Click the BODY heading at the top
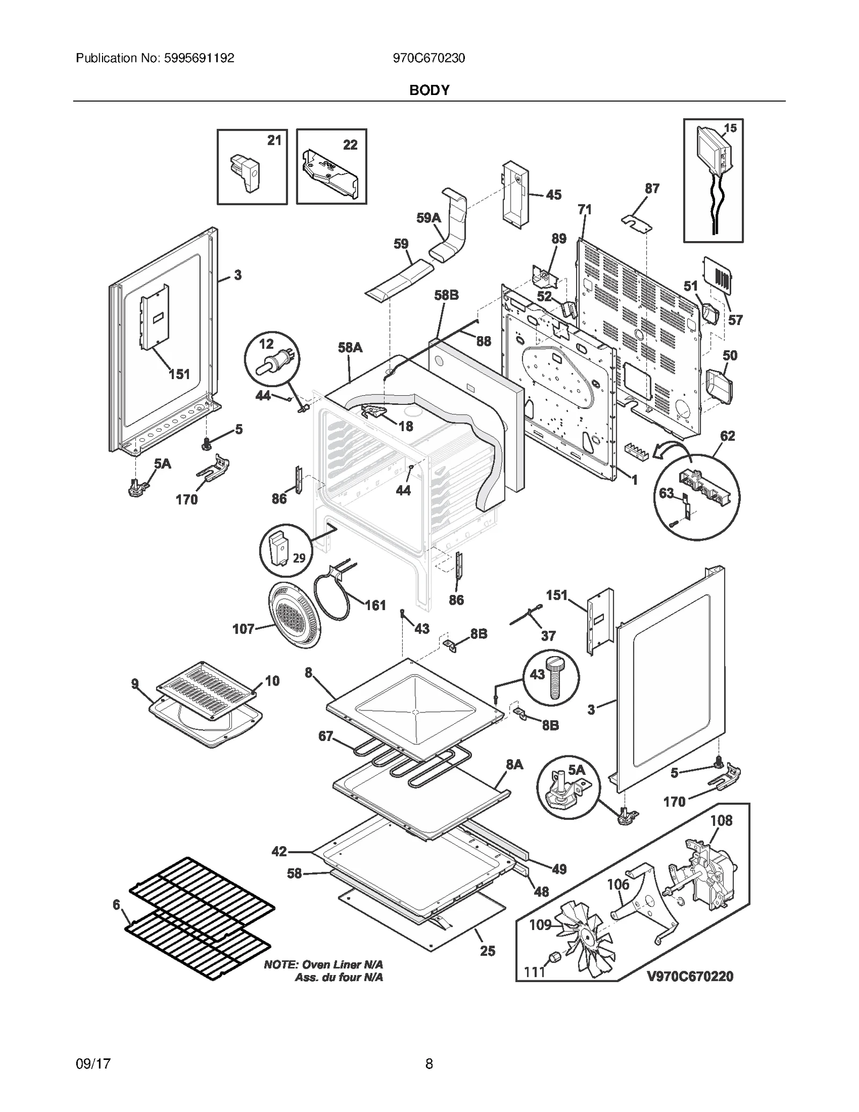(x=429, y=90)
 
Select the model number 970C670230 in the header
(x=429, y=58)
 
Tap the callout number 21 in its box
(x=274, y=140)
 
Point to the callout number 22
(x=350, y=144)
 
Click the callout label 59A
(x=428, y=217)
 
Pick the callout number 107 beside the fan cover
(x=243, y=629)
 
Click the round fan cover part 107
(x=294, y=615)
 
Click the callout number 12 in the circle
(x=266, y=343)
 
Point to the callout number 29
(x=299, y=557)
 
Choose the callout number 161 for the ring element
(x=375, y=605)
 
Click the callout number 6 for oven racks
(x=117, y=905)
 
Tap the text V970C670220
(x=690, y=976)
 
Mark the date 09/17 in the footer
(x=93, y=1064)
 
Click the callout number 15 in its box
(x=730, y=128)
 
